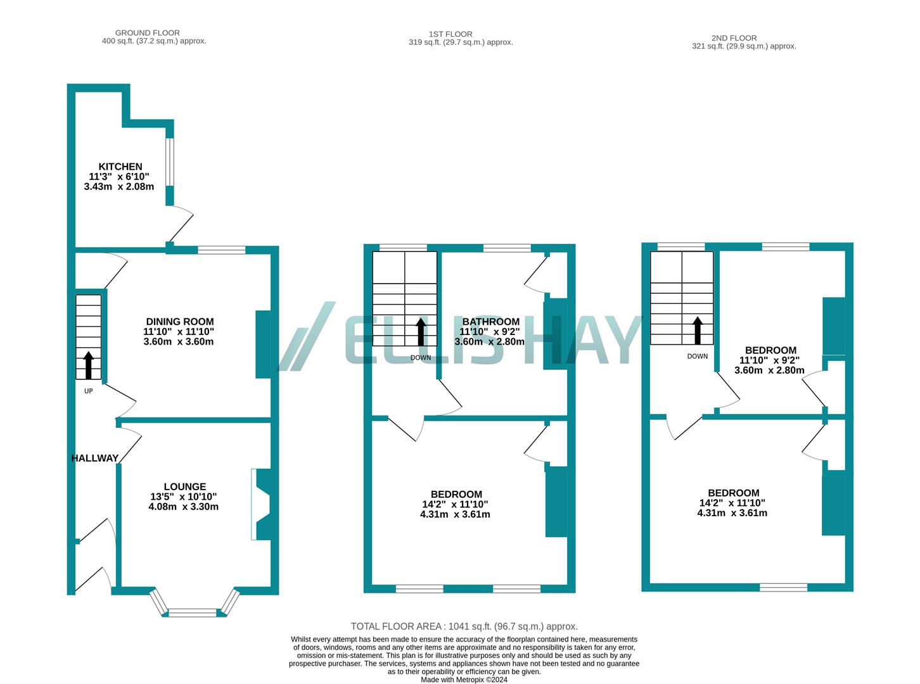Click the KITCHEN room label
(120, 167)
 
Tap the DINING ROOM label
(180, 322)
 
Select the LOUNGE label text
(184, 487)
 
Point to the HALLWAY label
(95, 458)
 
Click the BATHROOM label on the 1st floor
(490, 322)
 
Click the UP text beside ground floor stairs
(89, 391)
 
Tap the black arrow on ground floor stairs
(88, 364)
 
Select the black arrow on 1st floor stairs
(421, 331)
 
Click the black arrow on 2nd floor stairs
(698, 329)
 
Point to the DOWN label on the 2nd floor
(698, 357)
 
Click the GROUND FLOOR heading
(148, 33)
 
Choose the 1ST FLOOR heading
(450, 34)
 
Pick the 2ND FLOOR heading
(734, 38)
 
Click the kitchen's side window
(170, 161)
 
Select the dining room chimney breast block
(263, 344)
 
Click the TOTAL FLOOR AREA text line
(464, 626)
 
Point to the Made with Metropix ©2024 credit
(464, 680)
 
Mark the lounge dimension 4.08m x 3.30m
(184, 507)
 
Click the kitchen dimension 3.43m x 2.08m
(119, 187)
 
